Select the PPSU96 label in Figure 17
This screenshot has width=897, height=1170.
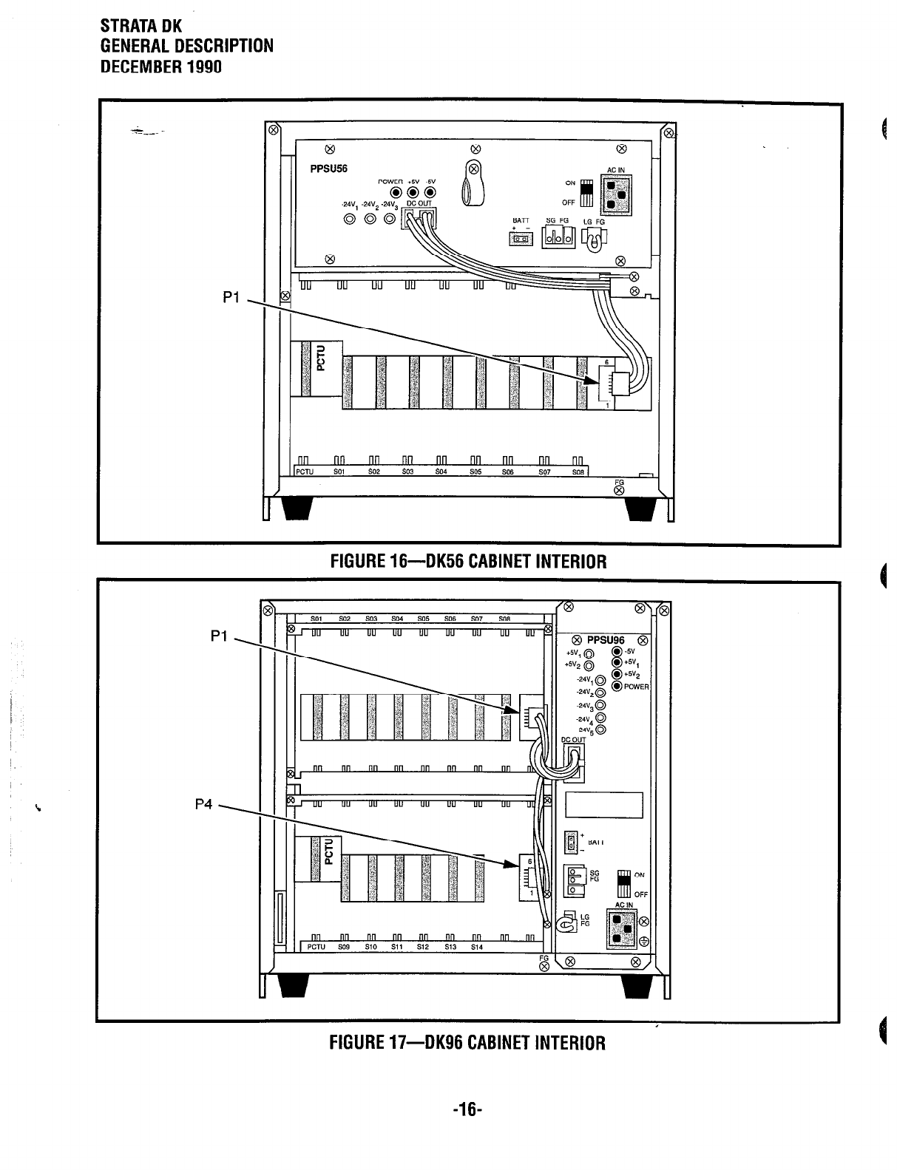[606, 640]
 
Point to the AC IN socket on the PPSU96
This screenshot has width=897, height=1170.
[623, 929]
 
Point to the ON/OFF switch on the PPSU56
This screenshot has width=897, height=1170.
[586, 192]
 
